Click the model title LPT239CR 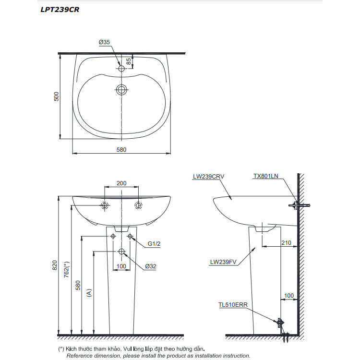pyautogui.click(x=60, y=10)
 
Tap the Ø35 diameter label pyautogui.click(x=105, y=42)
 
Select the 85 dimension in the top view pyautogui.click(x=129, y=61)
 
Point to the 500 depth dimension pyautogui.click(x=56, y=96)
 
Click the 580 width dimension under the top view pyautogui.click(x=121, y=149)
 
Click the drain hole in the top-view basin pyautogui.click(x=121, y=89)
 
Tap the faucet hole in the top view pyautogui.click(x=121, y=69)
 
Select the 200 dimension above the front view pyautogui.click(x=121, y=183)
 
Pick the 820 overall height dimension pyautogui.click(x=54, y=264)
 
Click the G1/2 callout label pyautogui.click(x=154, y=244)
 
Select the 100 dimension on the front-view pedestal pyautogui.click(x=121, y=265)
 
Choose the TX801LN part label pyautogui.click(x=265, y=176)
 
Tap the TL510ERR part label pyautogui.click(x=231, y=304)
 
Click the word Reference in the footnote pyautogui.click(x=79, y=356)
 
